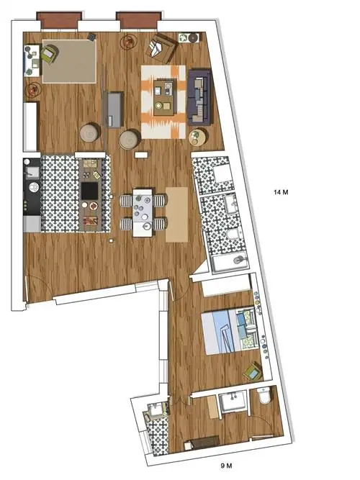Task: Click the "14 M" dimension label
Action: [281, 193]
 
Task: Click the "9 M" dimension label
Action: [226, 466]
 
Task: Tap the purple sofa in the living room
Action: [199, 97]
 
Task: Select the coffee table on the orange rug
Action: [166, 97]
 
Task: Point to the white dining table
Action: [143, 212]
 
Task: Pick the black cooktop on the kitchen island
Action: [90, 191]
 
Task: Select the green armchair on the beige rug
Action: [50, 55]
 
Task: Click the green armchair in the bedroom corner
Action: [253, 371]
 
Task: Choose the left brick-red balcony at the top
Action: [60, 21]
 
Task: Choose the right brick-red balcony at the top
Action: [139, 21]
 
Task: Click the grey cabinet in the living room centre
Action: [115, 109]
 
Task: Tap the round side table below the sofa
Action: [197, 137]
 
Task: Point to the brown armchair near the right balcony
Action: [161, 47]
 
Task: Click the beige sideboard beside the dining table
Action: [177, 214]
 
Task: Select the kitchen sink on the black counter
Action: [32, 172]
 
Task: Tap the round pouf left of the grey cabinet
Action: [89, 132]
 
